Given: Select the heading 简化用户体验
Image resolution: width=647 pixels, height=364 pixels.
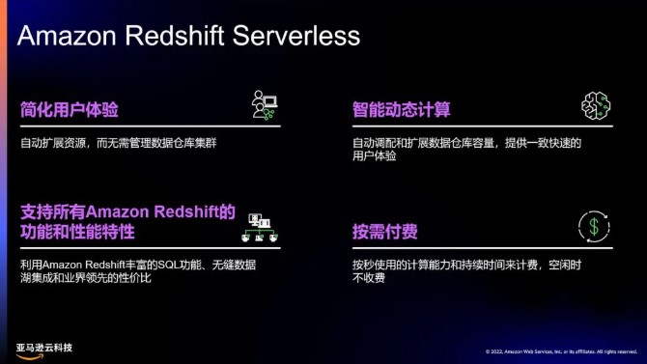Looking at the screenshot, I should [x=69, y=109].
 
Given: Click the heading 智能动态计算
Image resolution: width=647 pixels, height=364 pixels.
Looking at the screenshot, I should [x=401, y=109].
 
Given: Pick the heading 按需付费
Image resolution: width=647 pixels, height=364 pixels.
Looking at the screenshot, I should [x=383, y=232].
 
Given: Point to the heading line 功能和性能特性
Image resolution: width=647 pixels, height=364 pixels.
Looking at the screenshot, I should [x=76, y=233].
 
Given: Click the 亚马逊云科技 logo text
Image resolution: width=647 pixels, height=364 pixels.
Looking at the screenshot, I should [x=44, y=347].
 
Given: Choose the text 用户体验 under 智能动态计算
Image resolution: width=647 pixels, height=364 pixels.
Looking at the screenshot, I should [x=374, y=155].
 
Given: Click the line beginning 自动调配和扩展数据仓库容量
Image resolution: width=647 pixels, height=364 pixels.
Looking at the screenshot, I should [x=466, y=142].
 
